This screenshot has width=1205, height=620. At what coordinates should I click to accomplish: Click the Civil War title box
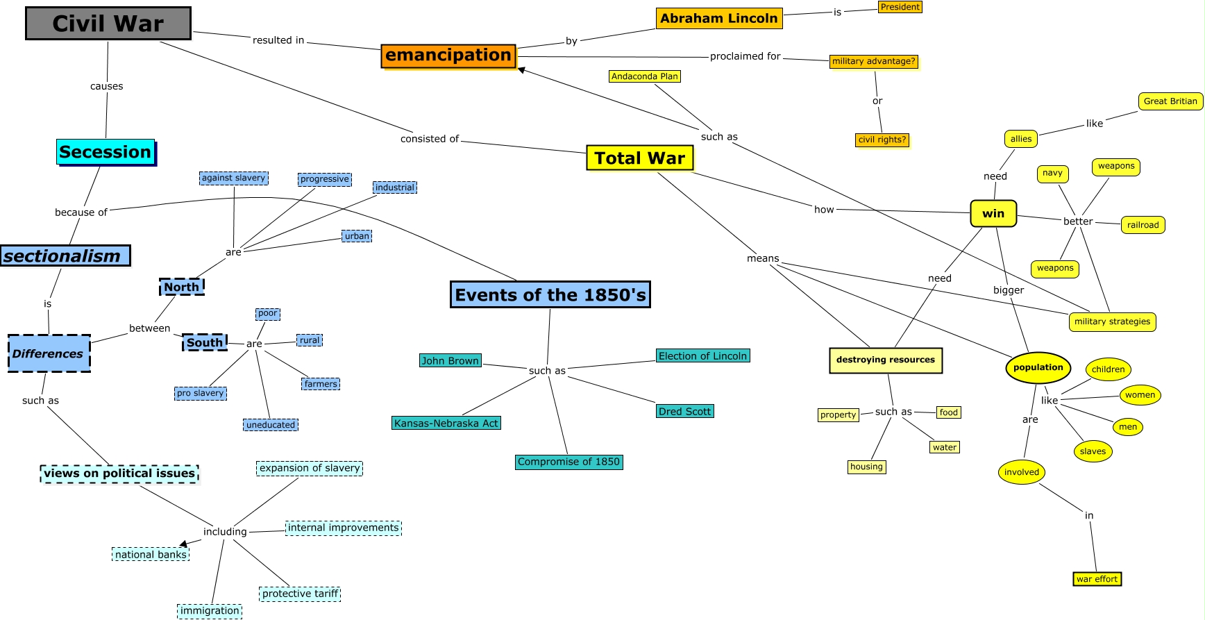[x=108, y=24]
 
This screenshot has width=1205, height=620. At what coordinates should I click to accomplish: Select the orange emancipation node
[x=448, y=56]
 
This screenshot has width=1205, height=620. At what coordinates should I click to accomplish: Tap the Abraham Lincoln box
[x=719, y=19]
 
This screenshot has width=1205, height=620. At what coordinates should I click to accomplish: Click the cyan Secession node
[x=106, y=152]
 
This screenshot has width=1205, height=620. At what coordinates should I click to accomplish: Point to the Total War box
[x=639, y=158]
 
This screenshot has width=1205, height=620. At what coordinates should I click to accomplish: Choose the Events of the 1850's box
[x=550, y=295]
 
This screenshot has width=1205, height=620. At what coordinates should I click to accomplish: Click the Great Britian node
[x=1170, y=101]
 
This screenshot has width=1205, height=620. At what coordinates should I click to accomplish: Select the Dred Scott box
[x=684, y=412]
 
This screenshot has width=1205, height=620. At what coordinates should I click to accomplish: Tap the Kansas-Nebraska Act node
[x=446, y=424]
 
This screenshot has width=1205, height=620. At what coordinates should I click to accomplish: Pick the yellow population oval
[x=1038, y=368]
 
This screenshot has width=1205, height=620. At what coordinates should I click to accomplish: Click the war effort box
[x=1097, y=579]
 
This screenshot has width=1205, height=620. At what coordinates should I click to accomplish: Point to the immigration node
[x=210, y=611]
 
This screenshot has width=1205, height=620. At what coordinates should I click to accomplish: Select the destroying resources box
[x=886, y=360]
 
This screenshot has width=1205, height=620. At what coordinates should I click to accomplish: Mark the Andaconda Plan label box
[x=645, y=76]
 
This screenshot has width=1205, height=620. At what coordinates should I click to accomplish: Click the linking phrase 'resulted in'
[x=278, y=40]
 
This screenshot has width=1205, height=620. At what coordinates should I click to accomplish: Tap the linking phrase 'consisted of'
[x=430, y=139]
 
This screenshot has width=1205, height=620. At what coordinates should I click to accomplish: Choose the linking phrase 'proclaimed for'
[x=745, y=56]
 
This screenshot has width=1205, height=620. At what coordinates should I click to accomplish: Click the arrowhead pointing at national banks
[x=183, y=544]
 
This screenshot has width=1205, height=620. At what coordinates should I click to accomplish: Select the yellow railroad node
[x=1143, y=225]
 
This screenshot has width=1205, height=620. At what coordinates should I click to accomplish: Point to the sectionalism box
[x=65, y=256]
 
